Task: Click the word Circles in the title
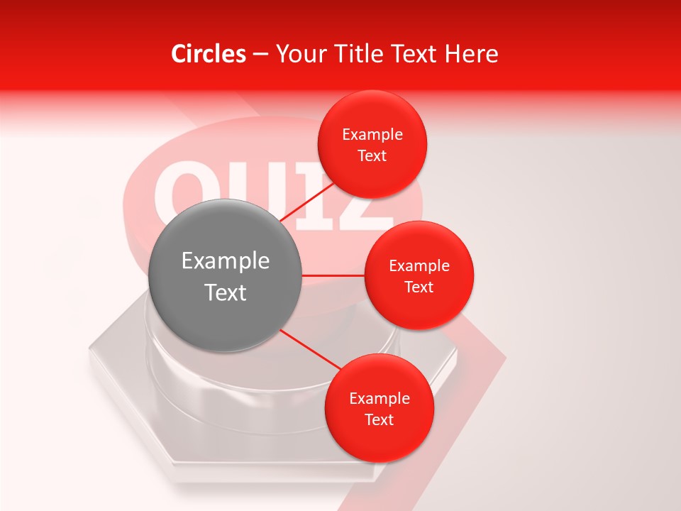pos(208,54)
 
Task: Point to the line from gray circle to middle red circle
pos(333,275)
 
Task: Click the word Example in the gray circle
pos(226,261)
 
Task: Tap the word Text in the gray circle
pos(226,292)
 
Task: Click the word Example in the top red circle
pos(372,135)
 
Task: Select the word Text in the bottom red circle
pos(379,419)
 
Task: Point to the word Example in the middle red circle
pos(419,266)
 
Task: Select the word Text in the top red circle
pos(372,156)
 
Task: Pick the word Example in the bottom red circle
pos(380,399)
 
